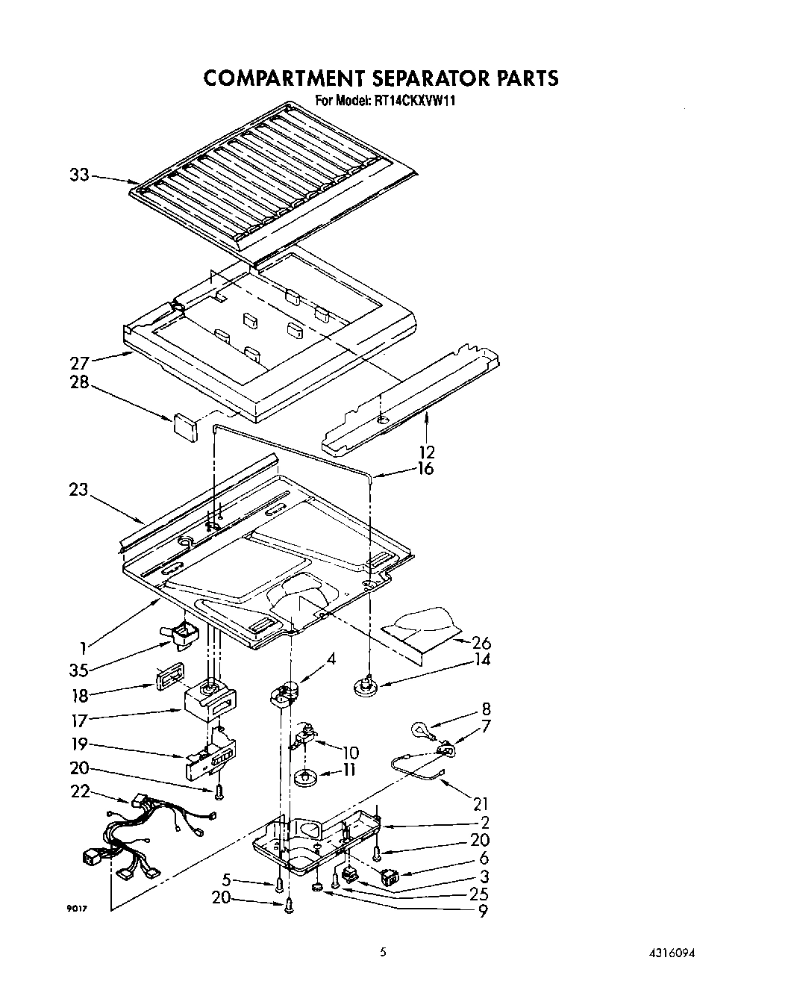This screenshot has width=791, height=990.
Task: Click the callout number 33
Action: coord(80,175)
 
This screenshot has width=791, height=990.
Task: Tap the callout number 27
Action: coord(80,364)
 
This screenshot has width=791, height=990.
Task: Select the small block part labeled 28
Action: coord(184,426)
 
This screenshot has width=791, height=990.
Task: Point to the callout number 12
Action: coord(428,452)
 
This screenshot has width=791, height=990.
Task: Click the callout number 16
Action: coord(426,469)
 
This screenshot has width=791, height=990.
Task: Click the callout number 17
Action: coord(80,720)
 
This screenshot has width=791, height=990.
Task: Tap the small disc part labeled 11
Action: coord(304,778)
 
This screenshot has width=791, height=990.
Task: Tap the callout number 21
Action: coord(481,803)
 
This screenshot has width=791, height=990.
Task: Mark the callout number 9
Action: coord(484,911)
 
